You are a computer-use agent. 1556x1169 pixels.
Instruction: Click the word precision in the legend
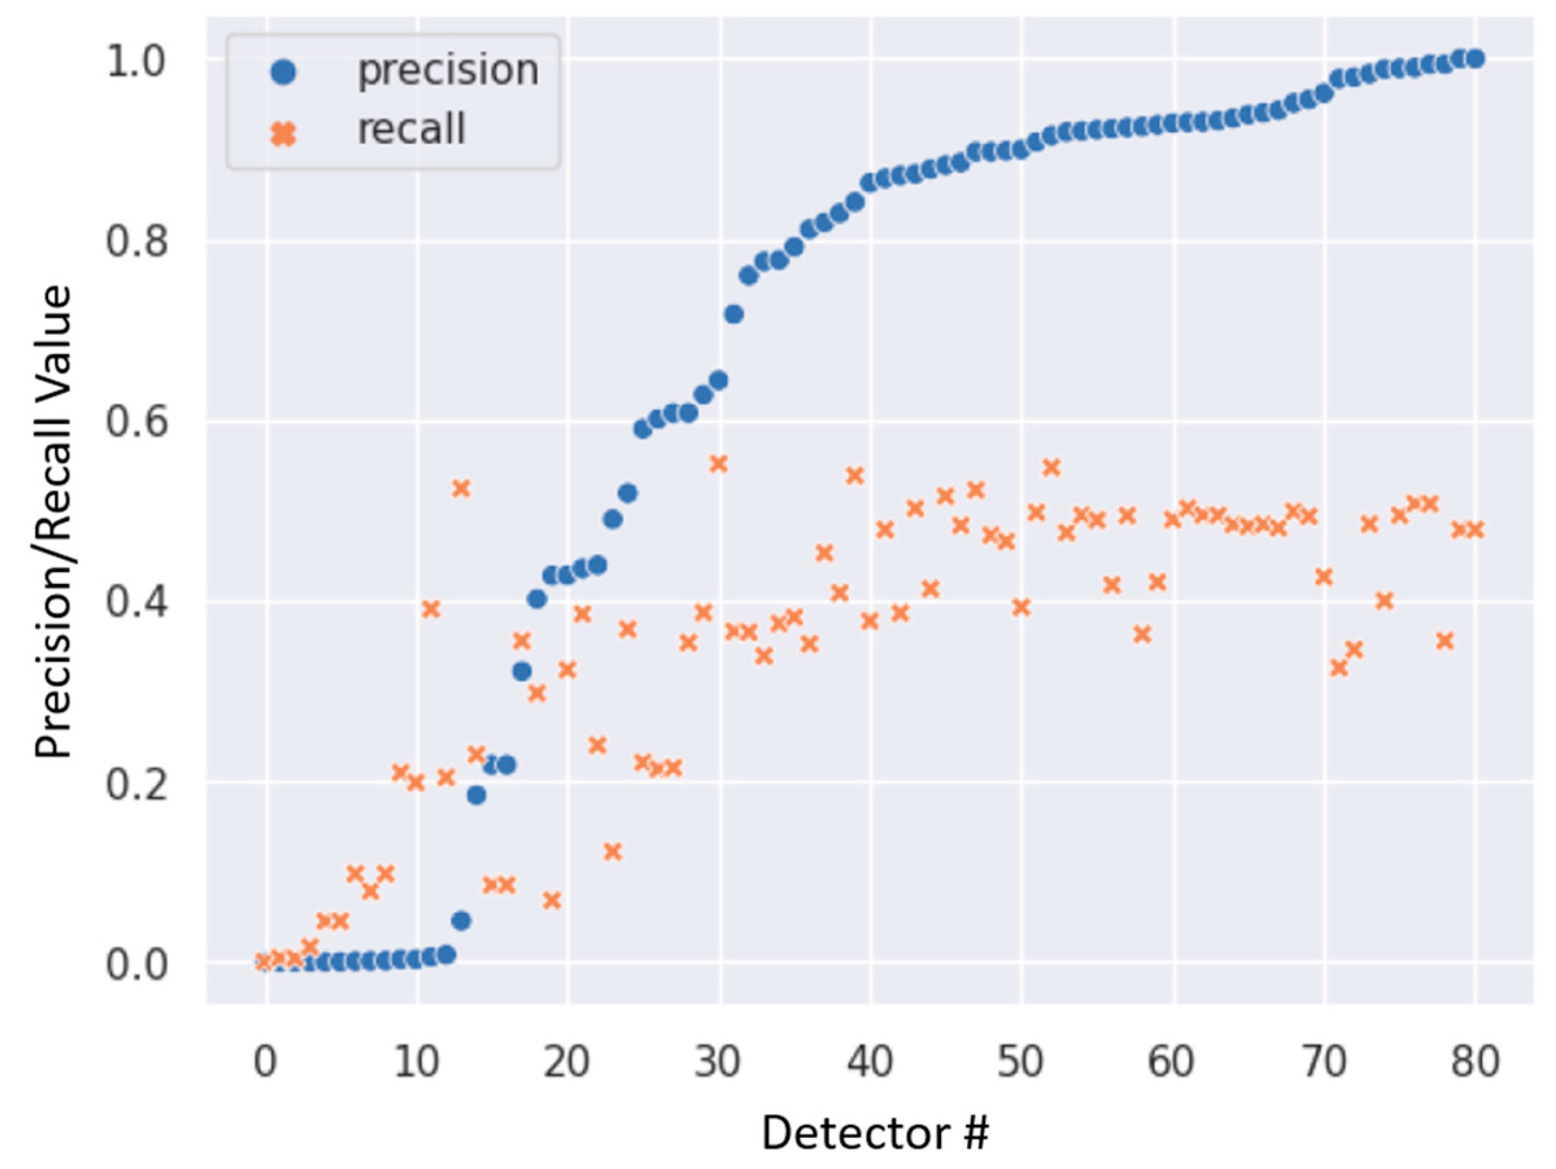point(448,70)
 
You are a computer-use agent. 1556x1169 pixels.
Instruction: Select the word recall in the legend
point(411,130)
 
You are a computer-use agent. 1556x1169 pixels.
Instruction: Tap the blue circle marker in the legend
point(283,72)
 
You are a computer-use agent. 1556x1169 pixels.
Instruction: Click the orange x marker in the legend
point(283,132)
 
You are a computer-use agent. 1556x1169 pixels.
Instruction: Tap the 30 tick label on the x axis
point(717,1062)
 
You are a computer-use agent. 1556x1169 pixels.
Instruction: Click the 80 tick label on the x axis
point(1475,1062)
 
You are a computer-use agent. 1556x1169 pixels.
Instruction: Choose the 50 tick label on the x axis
point(1021,1062)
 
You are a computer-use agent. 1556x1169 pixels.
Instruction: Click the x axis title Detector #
point(875,1134)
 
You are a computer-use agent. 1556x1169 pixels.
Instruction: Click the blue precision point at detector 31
point(734,314)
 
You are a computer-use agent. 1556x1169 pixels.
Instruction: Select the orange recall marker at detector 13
point(461,488)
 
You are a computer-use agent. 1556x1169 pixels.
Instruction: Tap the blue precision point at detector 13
point(461,921)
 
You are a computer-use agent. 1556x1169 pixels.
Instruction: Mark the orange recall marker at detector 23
point(613,852)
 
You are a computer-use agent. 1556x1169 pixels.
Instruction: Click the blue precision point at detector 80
point(1476,58)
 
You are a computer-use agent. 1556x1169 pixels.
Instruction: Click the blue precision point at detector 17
point(521,671)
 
